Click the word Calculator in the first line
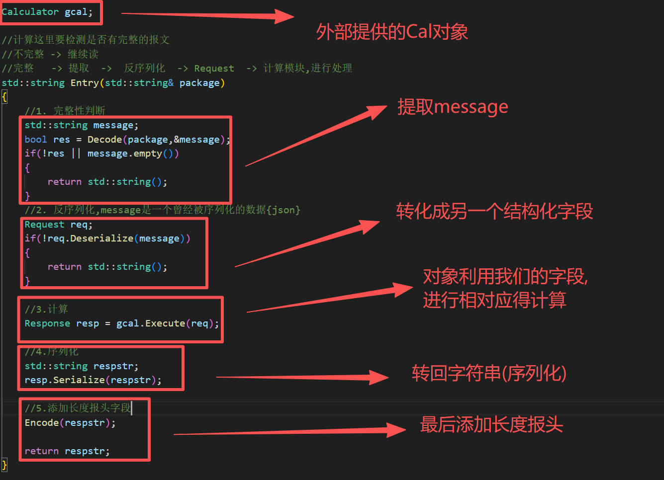[x=30, y=12]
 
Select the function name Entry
[x=85, y=83]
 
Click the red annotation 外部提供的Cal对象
[x=392, y=32]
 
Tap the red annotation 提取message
[x=453, y=107]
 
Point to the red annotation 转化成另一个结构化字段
[x=494, y=212]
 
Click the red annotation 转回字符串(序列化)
[x=489, y=373]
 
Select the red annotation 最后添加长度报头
[x=491, y=425]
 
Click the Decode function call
[x=104, y=140]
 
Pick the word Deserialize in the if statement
[x=101, y=239]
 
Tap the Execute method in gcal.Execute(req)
[x=165, y=323]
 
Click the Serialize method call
[x=79, y=380]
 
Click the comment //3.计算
[x=46, y=310]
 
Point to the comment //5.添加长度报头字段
[x=78, y=408]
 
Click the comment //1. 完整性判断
[x=65, y=111]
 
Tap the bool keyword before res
[x=36, y=140]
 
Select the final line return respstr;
[x=67, y=451]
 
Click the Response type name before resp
[x=47, y=323]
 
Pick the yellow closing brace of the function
[x=4, y=465]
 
